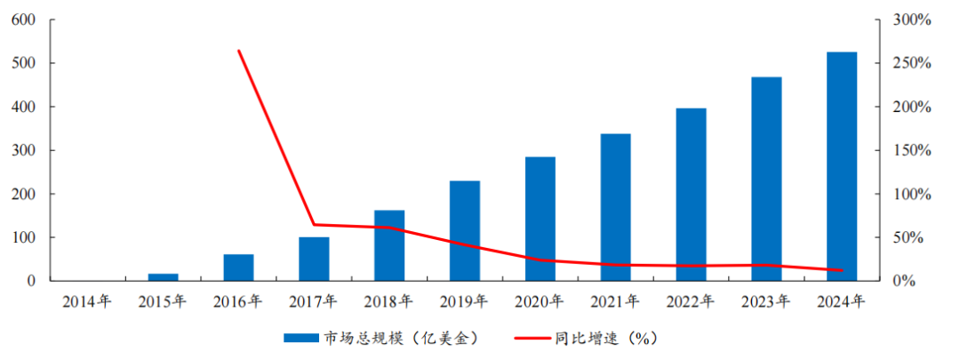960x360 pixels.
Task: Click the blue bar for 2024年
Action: click(842, 166)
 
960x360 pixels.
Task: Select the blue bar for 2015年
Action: click(163, 277)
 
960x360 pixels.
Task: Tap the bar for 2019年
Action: click(465, 231)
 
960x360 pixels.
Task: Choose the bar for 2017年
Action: click(314, 259)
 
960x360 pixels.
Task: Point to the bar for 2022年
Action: click(691, 195)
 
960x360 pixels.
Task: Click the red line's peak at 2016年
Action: click(238, 51)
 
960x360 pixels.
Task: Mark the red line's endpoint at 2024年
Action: click(842, 270)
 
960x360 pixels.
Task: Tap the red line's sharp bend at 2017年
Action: click(314, 224)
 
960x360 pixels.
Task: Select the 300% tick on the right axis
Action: click(911, 20)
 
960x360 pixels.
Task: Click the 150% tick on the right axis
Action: click(911, 150)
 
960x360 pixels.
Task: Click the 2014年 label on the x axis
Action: click(87, 301)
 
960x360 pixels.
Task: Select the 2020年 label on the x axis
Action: click(540, 301)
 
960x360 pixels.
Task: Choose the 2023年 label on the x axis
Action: click(766, 301)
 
